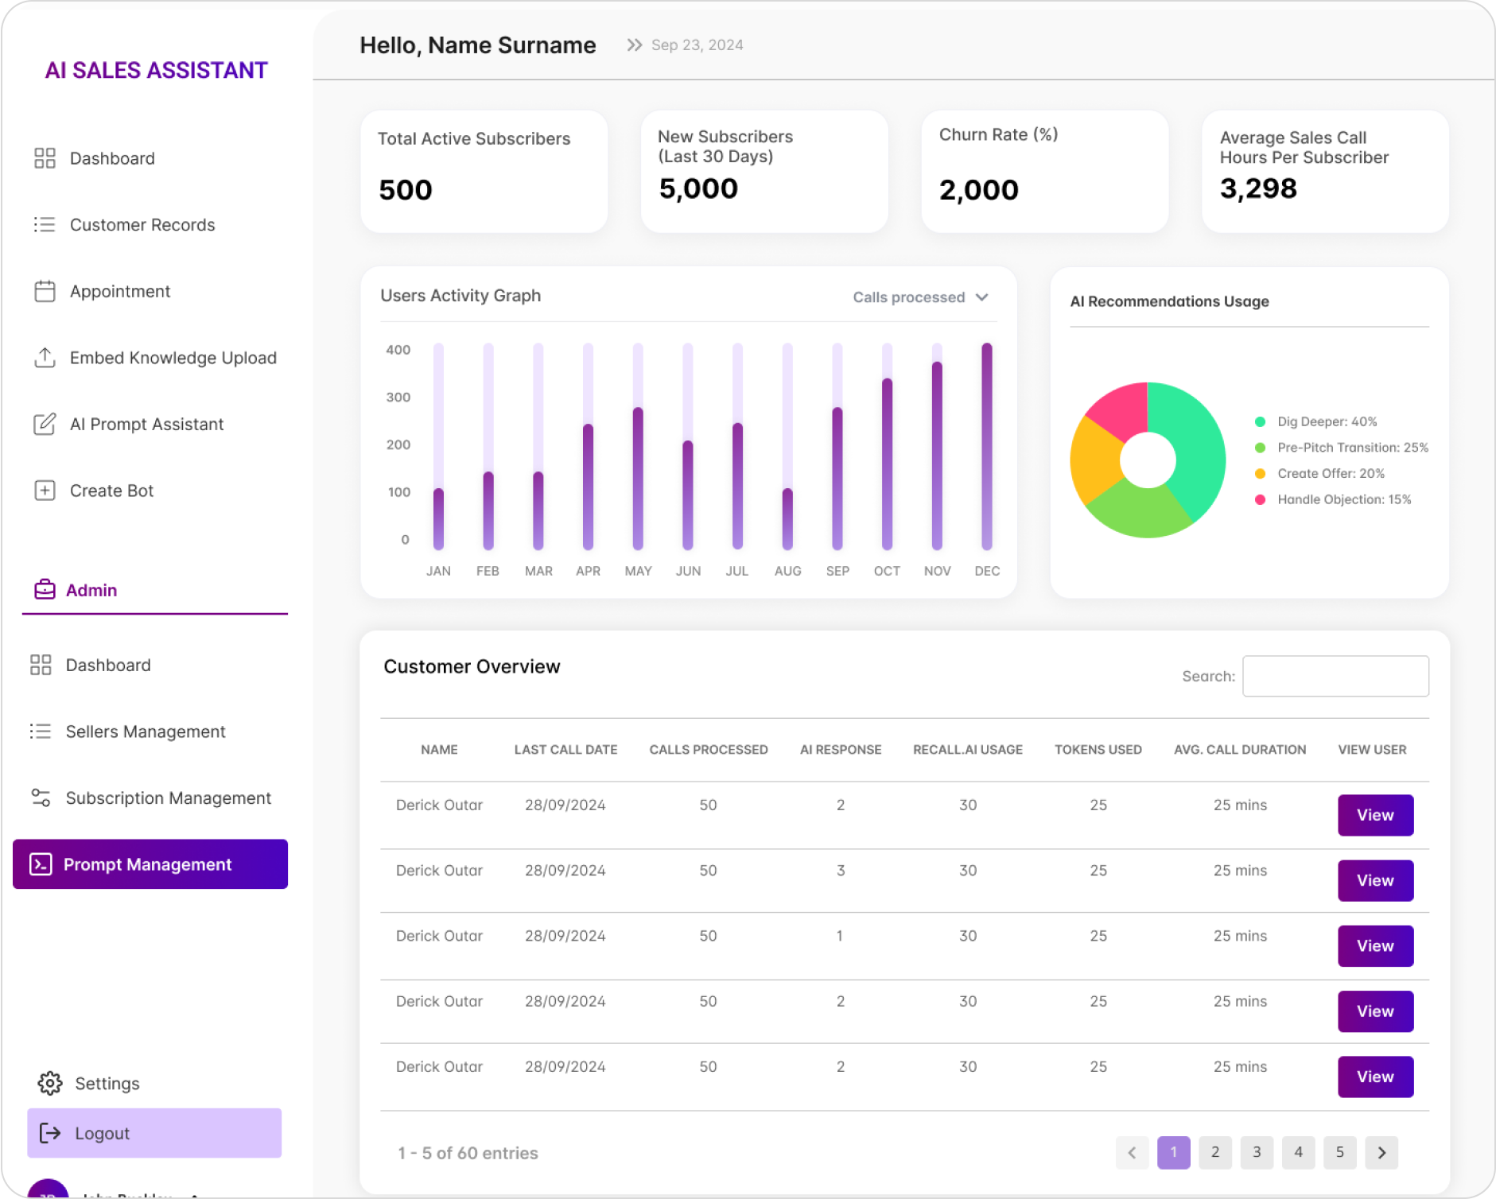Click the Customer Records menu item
(142, 225)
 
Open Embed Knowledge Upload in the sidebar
(173, 358)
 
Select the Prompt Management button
(150, 864)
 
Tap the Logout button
(154, 1133)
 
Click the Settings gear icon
(50, 1083)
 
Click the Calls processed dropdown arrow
(982, 297)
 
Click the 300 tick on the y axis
(398, 397)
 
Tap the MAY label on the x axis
(638, 571)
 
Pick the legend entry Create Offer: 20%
(1330, 474)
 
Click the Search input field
(1335, 676)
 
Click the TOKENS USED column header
(1098, 750)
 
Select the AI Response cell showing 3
(841, 871)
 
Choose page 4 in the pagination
(1298, 1152)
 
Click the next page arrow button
(1381, 1152)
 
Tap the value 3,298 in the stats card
(1258, 188)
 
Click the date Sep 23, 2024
(697, 45)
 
